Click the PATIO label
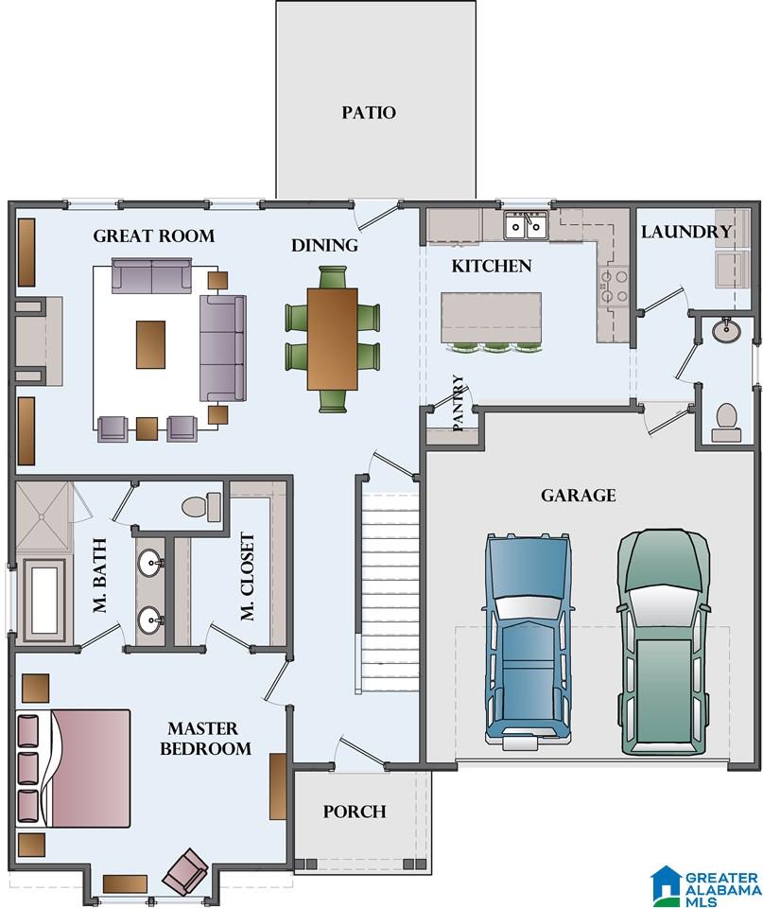368,113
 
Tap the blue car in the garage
528,641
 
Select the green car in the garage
664,641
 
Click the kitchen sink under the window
526,225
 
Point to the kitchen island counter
491,318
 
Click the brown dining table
332,339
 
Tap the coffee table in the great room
150,344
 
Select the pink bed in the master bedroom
74,768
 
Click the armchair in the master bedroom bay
185,870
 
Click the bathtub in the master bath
44,601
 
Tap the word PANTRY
458,403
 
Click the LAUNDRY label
686,232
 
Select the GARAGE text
579,496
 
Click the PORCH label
355,812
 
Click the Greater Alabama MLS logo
705,885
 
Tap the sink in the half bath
726,330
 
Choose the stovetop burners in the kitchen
614,286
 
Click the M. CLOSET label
247,576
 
